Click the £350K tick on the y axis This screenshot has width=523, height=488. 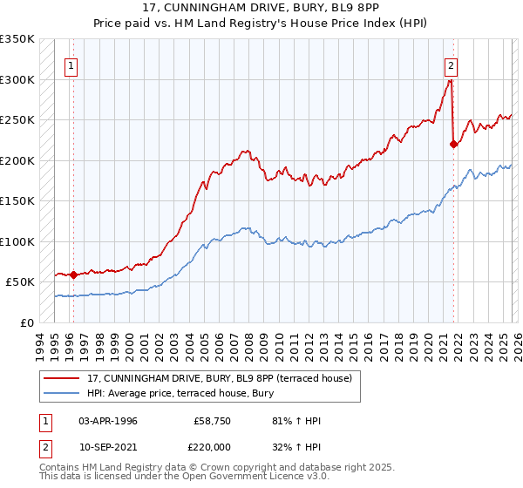click(17, 39)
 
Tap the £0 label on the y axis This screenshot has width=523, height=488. click(26, 322)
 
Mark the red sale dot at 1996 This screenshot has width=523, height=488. click(73, 274)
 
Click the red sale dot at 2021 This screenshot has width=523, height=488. click(453, 145)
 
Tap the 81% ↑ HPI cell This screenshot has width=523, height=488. click(296, 421)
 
